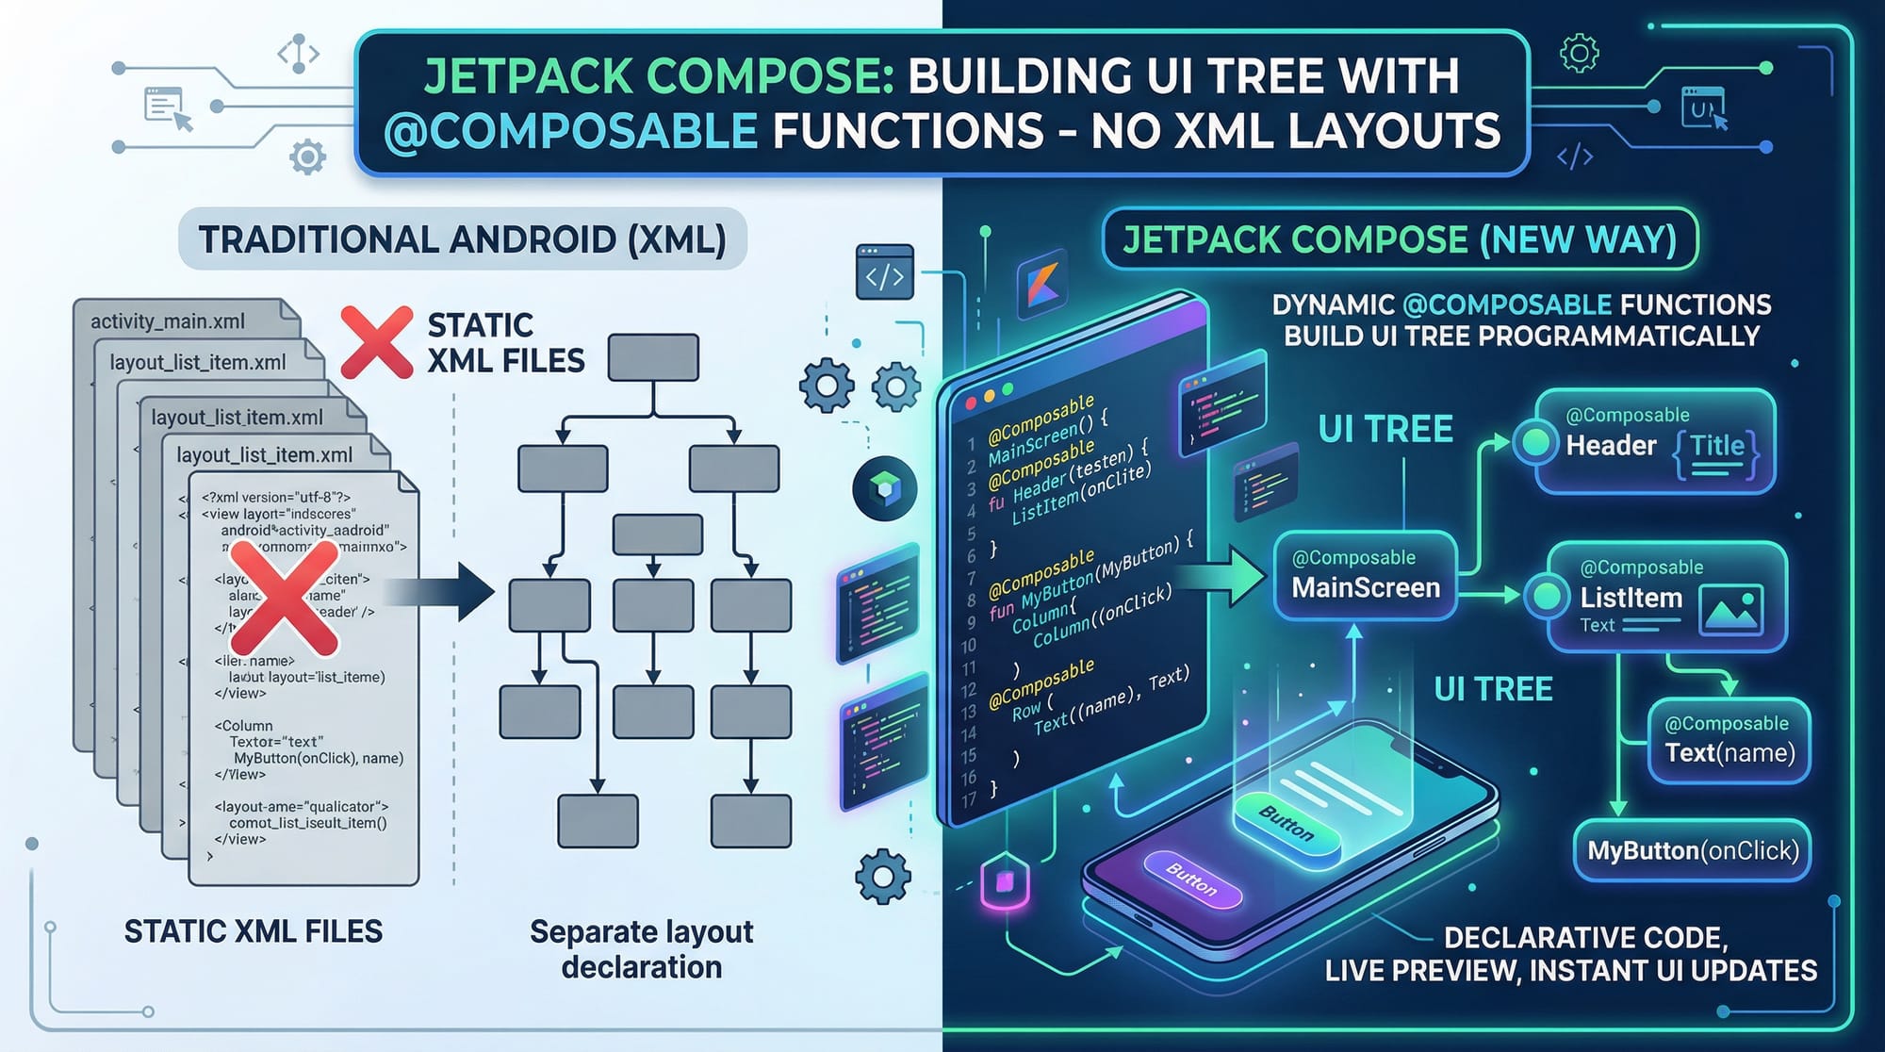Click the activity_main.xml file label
[x=168, y=321]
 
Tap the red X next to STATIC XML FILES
[x=376, y=342]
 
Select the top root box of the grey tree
[x=653, y=357]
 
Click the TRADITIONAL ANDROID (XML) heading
[x=462, y=239]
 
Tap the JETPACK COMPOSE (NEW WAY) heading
[x=1400, y=239]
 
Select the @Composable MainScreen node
[x=1365, y=575]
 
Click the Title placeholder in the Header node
[x=1716, y=447]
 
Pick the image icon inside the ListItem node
[x=1730, y=610]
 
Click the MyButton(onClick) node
[x=1693, y=850]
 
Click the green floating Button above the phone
[x=1287, y=824]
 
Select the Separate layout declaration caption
[x=641, y=948]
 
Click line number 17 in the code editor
[x=968, y=800]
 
